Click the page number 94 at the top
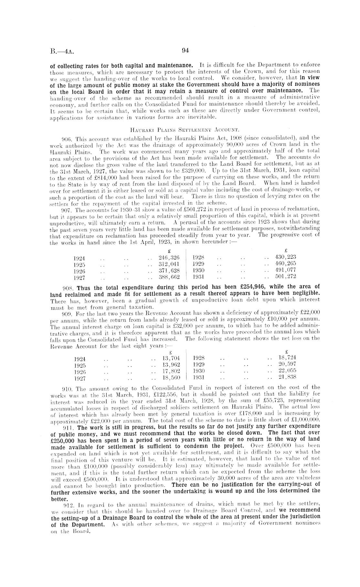185,50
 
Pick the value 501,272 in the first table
285,276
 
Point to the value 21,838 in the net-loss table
287,377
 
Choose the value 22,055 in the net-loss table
287,371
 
